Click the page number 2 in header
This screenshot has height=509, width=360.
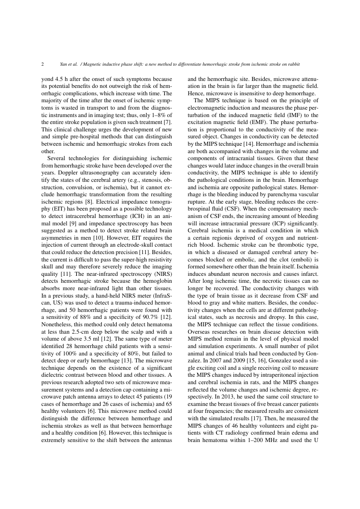tap(43, 64)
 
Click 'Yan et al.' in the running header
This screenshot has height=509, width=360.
tap(69, 64)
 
